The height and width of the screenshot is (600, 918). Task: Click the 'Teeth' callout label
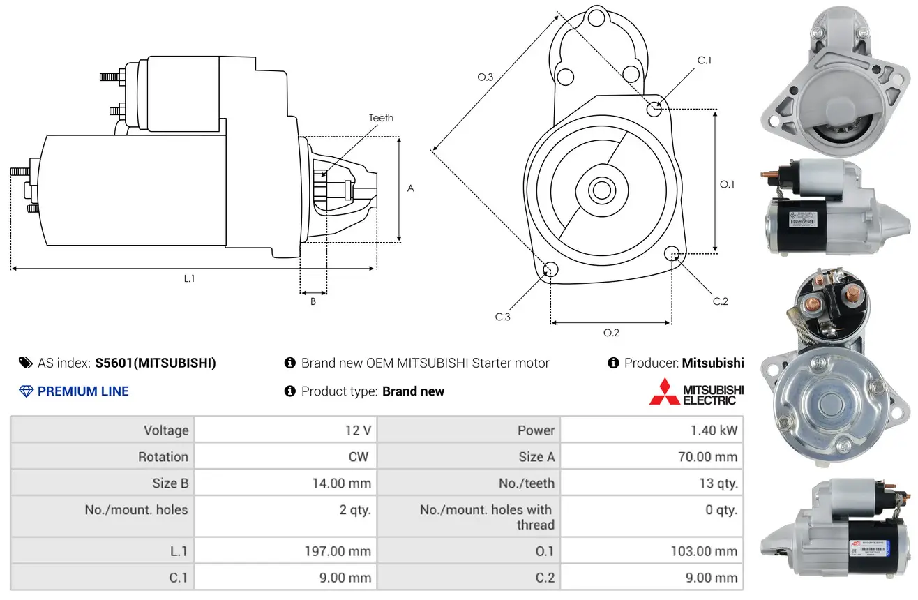tap(381, 118)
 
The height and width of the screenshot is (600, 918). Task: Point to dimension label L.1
tap(189, 278)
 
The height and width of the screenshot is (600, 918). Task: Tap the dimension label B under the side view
tap(313, 302)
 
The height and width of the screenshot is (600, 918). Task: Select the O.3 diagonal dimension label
tap(486, 77)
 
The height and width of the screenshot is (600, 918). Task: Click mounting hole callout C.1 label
tap(705, 61)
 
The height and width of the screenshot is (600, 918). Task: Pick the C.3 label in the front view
tap(503, 317)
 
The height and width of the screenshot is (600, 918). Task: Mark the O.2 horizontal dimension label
tap(611, 333)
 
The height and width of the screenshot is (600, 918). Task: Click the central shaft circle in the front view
tap(599, 189)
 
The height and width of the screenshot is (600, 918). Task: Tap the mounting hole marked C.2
tap(672, 253)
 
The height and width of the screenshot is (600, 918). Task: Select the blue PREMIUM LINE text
tap(83, 391)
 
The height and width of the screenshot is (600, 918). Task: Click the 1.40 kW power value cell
tap(714, 430)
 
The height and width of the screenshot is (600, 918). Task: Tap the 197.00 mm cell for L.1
tap(338, 551)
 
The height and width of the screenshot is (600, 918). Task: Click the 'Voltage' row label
tap(166, 430)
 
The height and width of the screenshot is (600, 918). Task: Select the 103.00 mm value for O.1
tap(705, 551)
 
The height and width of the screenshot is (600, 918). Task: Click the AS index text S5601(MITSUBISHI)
tap(156, 363)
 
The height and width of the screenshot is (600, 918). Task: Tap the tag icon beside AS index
tap(26, 363)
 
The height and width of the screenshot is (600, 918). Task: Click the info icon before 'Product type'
tap(290, 391)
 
